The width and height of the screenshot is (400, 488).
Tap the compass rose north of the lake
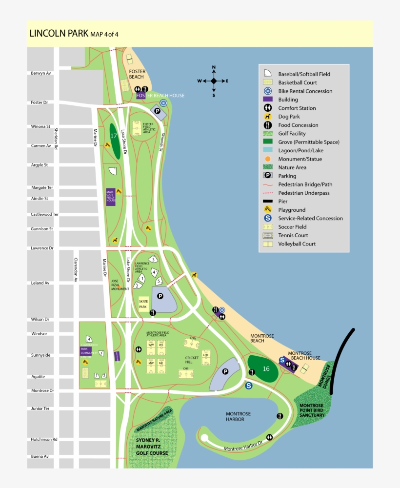coord(213,81)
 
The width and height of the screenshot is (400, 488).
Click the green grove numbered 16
coord(263,369)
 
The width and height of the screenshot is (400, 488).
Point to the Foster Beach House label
coord(160,96)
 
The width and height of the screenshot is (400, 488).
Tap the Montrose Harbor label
coord(238,416)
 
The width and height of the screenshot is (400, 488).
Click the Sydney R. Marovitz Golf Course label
coord(152,447)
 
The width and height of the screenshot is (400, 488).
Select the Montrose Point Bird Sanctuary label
coord(312,410)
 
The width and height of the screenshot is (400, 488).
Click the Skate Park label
coord(143,304)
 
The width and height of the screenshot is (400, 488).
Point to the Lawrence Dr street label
coord(42,248)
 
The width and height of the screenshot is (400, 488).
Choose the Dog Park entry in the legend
coord(289,117)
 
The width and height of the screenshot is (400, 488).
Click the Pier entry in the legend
coord(283,202)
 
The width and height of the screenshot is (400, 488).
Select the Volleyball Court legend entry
coord(297,244)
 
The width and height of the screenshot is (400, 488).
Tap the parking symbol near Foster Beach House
coord(158,111)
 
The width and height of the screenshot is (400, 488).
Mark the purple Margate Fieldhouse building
coord(111,197)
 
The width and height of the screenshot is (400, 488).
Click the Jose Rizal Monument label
coord(119,285)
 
